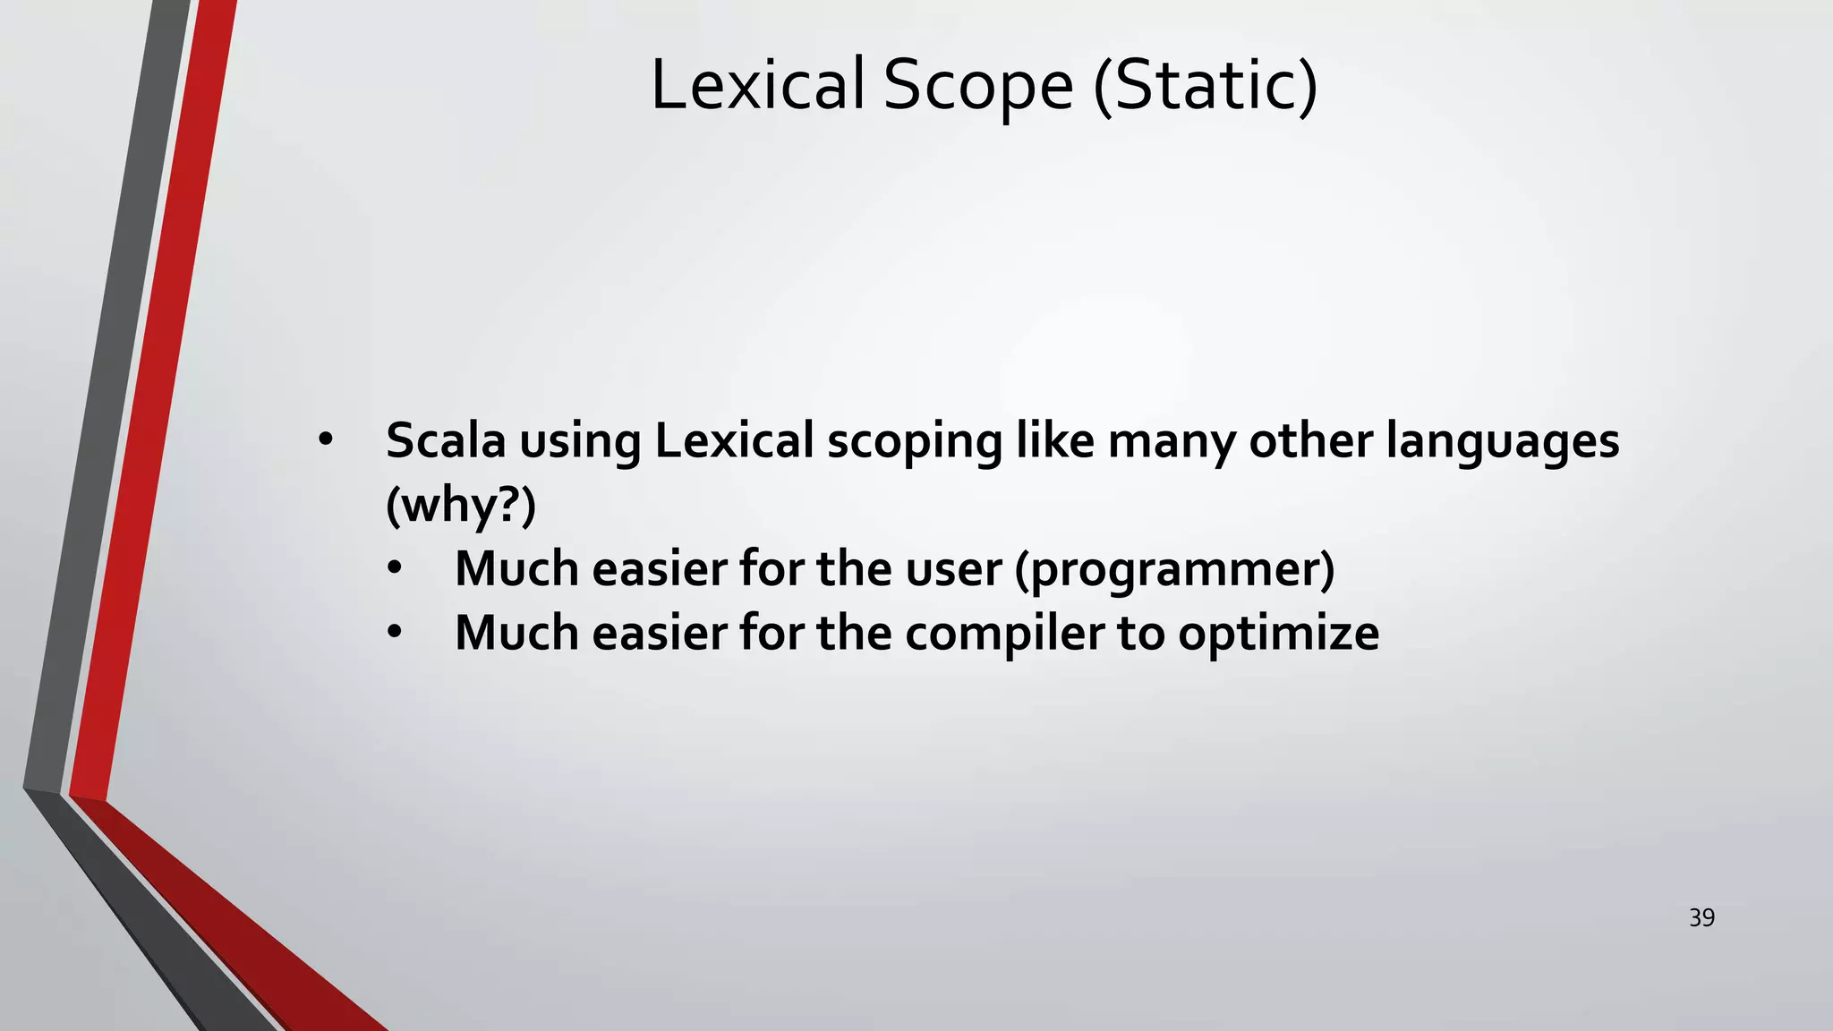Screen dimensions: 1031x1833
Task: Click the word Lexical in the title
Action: (757, 85)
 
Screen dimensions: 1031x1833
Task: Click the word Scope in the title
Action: (978, 85)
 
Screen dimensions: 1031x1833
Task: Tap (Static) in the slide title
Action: (1206, 85)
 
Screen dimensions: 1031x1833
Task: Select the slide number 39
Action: (1701, 917)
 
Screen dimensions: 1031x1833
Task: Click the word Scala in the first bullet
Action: (445, 440)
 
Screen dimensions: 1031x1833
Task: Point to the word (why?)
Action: (460, 505)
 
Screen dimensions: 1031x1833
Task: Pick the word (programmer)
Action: (1174, 569)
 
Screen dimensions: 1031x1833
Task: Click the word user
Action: (954, 569)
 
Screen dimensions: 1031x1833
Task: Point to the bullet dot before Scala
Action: (325, 439)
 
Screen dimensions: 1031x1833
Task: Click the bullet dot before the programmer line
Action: (395, 568)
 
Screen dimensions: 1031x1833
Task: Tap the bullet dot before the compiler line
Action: (395, 633)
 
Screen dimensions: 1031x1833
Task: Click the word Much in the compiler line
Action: (516, 633)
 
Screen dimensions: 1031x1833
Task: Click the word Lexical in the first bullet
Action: (734, 440)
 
